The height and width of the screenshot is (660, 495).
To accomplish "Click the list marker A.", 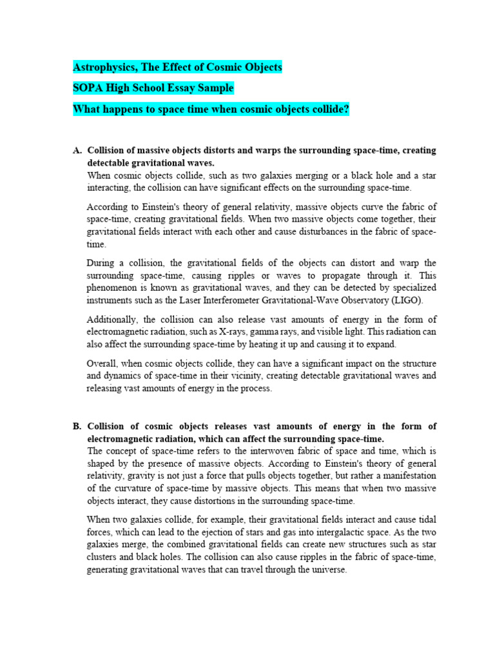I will coord(77,150).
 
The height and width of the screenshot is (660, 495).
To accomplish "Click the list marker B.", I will coord(77,426).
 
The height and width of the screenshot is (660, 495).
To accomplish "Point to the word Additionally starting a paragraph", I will coord(112,320).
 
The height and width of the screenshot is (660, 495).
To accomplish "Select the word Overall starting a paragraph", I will coord(103,364).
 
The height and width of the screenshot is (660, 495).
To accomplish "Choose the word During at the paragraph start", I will coord(102,263).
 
